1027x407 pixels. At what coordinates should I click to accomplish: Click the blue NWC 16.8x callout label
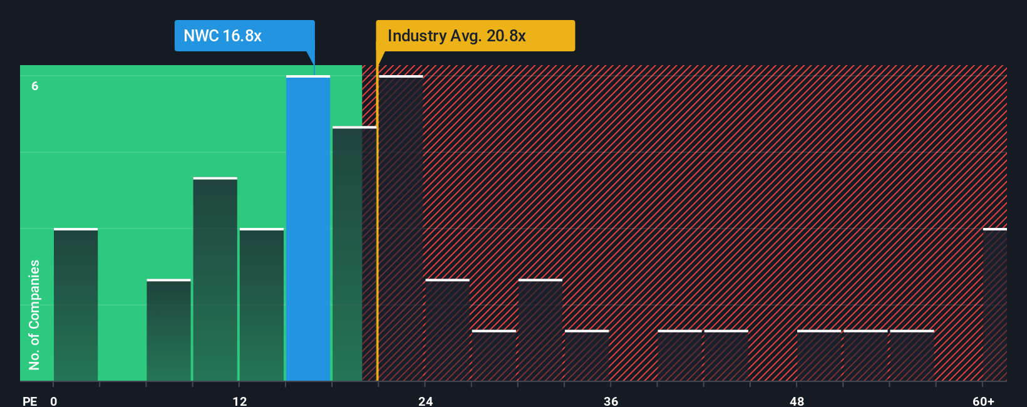coord(244,36)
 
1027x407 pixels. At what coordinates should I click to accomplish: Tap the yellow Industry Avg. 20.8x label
coord(475,36)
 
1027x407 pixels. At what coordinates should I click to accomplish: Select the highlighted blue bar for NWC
coord(308,229)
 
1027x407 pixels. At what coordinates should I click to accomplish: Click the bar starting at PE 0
coord(76,304)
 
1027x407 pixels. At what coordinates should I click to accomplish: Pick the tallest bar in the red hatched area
coord(401,229)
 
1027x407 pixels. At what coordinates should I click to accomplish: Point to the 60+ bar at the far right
coord(994,304)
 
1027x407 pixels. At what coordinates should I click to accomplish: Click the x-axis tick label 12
coord(240,401)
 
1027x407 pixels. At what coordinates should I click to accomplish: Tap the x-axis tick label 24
coord(426,401)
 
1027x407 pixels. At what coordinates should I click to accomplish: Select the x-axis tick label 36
coord(611,401)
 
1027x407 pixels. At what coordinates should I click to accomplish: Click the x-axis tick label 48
coord(797,401)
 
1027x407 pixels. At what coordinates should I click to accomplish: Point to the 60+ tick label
coord(983,401)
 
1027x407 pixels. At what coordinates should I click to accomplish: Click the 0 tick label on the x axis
coord(54,401)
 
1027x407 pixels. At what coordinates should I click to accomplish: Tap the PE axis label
coord(30,401)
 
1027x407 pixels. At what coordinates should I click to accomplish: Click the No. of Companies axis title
coord(34,314)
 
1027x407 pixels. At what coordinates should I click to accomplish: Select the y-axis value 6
coord(35,86)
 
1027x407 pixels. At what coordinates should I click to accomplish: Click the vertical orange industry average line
coord(377,250)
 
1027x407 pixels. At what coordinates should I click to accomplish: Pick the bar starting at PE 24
coord(447,330)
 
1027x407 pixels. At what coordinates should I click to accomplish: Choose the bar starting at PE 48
coord(819,356)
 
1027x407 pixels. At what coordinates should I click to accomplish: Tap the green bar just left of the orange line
coord(354,254)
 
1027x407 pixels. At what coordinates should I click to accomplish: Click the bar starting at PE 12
coord(262,304)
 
